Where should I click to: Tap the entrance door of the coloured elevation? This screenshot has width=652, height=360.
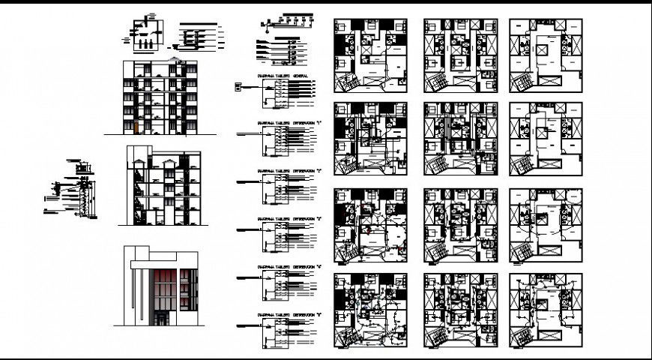tap(162, 319)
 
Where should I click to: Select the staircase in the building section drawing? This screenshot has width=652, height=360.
tap(137, 196)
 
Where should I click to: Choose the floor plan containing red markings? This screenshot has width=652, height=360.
tap(370, 226)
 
